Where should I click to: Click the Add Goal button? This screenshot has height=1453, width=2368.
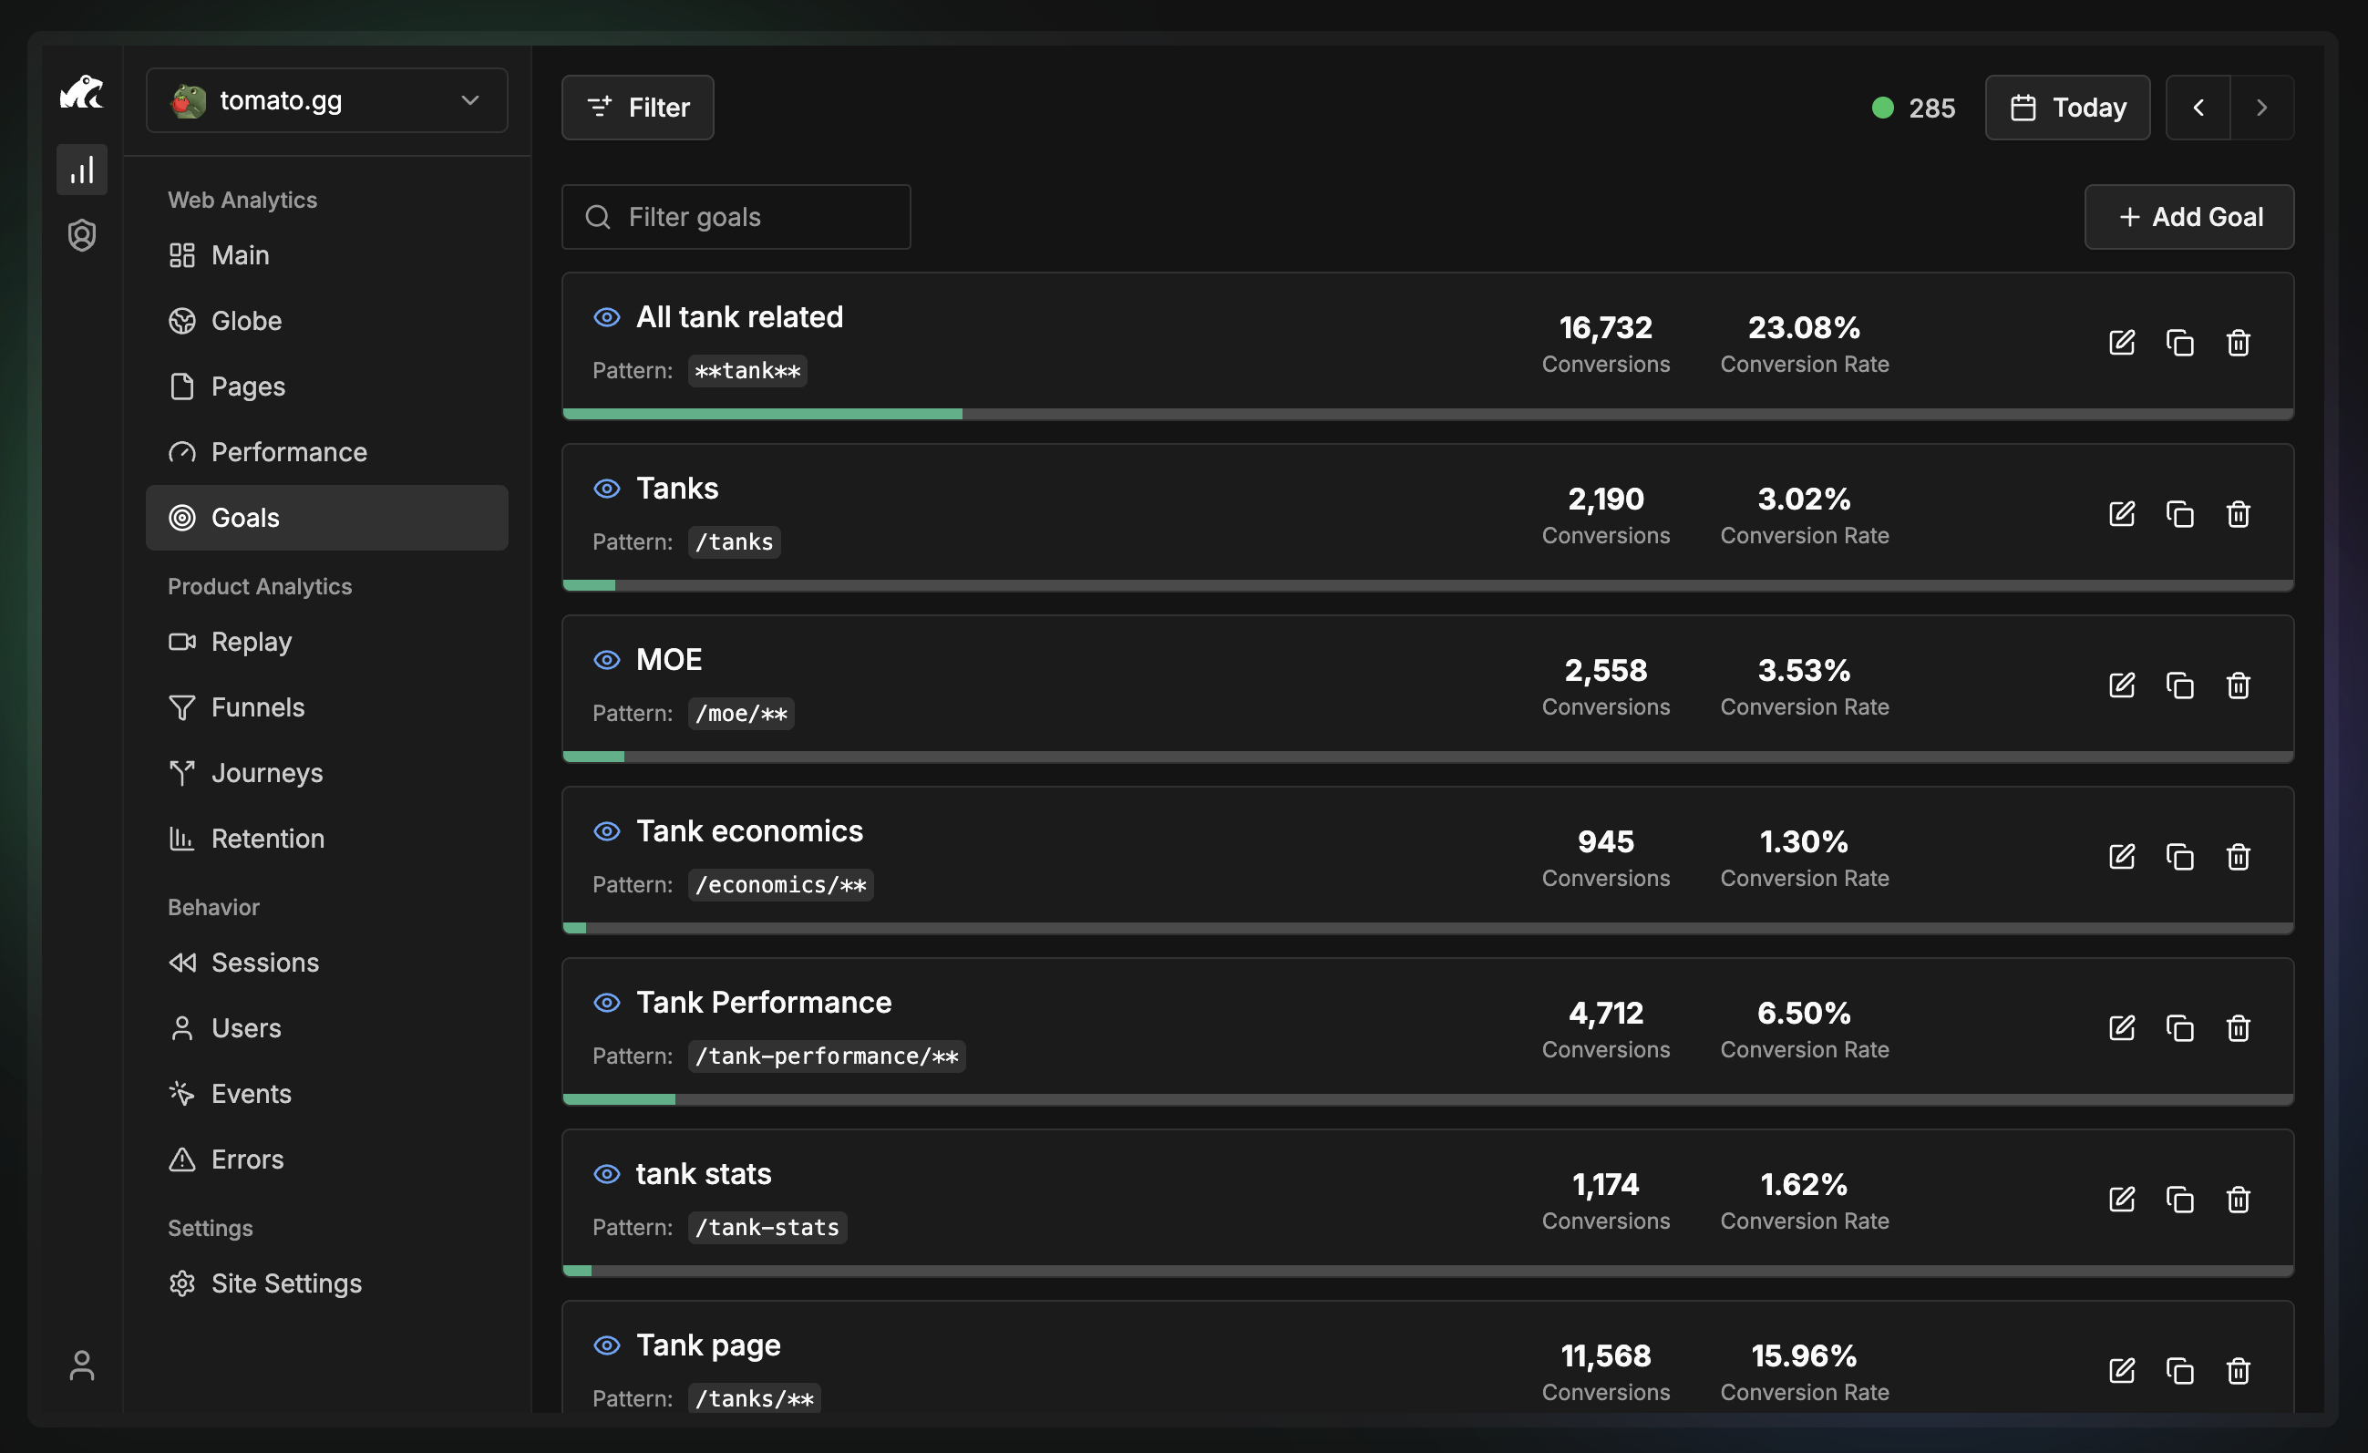(2188, 217)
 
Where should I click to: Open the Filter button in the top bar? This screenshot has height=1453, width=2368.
(637, 108)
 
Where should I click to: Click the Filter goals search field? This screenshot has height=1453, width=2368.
(736, 217)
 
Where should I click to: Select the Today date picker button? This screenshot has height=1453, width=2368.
(2067, 108)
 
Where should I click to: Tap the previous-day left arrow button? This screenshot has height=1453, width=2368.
(2198, 108)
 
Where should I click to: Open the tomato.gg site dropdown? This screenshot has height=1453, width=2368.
(326, 101)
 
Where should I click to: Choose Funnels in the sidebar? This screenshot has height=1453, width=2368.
(258, 707)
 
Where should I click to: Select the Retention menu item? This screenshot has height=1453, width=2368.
(267, 839)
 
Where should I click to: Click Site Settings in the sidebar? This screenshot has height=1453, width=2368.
(285, 1283)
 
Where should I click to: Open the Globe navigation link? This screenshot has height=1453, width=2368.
(246, 321)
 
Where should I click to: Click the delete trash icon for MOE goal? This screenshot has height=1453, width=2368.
(2239, 686)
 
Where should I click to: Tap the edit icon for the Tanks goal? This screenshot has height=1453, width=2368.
(2122, 514)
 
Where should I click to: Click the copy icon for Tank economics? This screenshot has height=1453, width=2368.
(2179, 857)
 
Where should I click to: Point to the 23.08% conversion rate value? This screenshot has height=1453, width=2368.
(1804, 327)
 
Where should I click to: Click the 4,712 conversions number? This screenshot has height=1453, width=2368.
(1606, 1013)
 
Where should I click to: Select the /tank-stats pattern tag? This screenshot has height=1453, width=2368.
(767, 1228)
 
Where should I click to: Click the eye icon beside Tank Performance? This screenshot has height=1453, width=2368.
(606, 1004)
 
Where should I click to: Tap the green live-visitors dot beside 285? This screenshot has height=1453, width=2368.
(1883, 108)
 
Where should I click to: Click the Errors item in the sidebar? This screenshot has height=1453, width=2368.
(247, 1159)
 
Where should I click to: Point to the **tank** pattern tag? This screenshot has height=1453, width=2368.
(746, 371)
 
